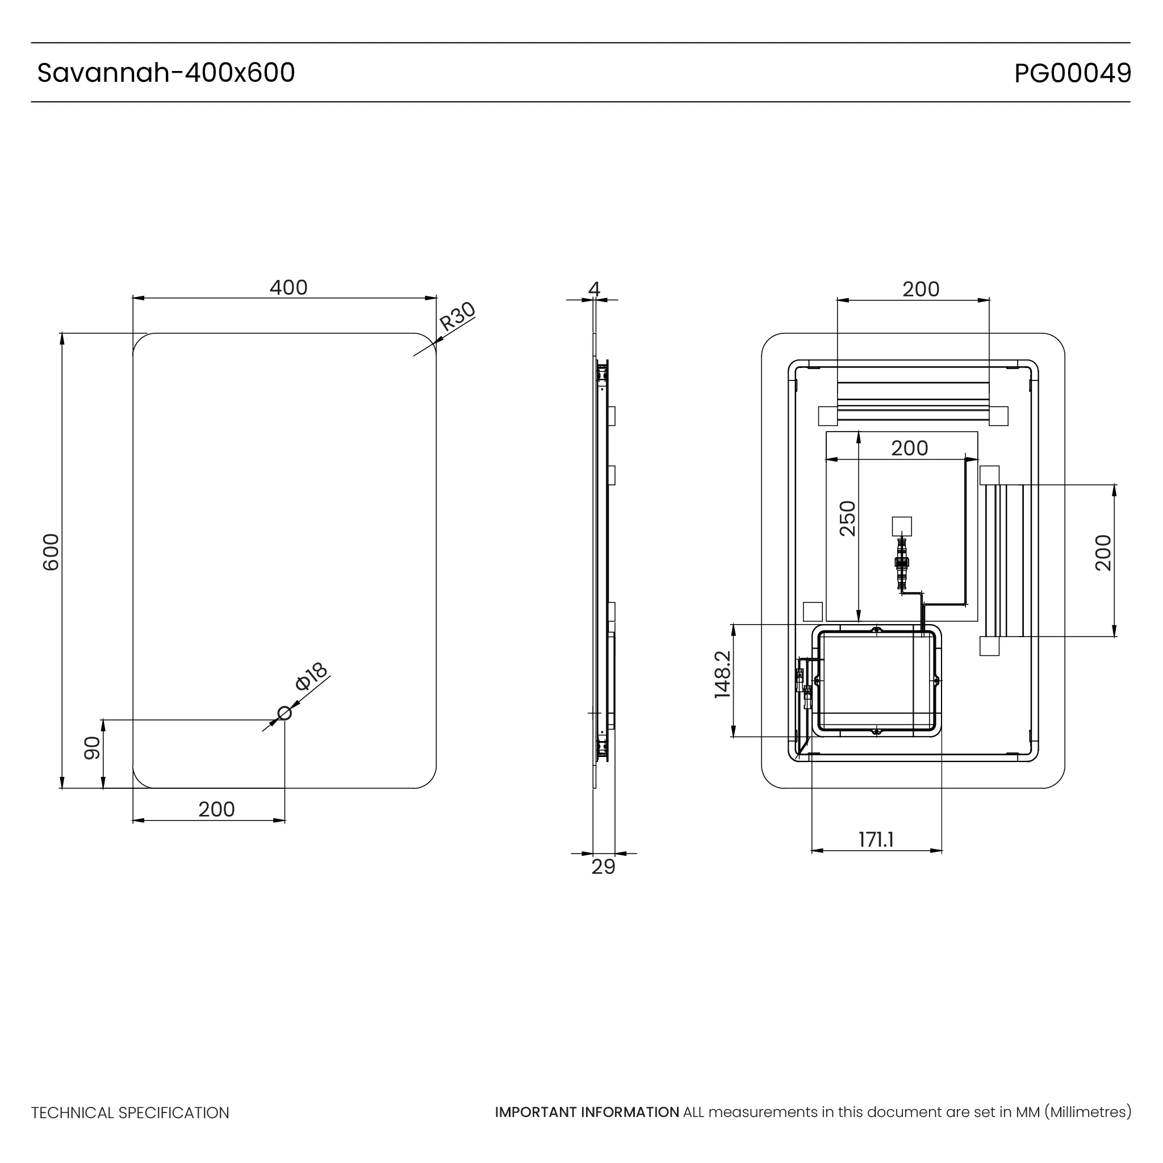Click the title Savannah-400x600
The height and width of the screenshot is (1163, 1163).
166,73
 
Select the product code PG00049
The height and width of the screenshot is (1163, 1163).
1072,73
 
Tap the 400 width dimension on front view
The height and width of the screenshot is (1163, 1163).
288,288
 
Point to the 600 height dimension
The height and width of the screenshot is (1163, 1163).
51,552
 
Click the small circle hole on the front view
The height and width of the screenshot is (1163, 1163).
285,713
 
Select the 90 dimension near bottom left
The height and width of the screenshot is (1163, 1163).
91,748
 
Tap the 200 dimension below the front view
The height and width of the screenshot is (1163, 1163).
216,809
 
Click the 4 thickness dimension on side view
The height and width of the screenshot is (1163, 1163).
594,289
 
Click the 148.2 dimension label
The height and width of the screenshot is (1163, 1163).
722,675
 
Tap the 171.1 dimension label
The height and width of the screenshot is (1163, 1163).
876,839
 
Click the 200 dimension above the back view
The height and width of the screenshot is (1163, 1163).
921,289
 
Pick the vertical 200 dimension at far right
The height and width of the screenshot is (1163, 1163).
1103,552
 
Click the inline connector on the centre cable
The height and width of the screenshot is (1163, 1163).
901,564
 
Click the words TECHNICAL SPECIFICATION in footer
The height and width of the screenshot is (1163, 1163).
130,1113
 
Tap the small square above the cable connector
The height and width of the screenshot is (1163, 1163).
902,526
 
